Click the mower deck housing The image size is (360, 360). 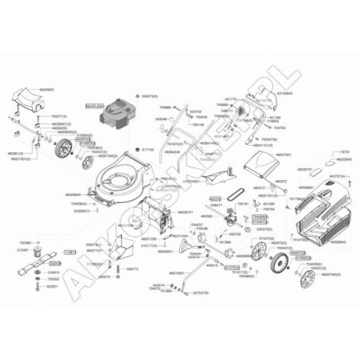click(124, 178)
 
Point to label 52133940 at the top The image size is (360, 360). click(260, 92)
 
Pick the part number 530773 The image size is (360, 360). click(132, 269)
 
